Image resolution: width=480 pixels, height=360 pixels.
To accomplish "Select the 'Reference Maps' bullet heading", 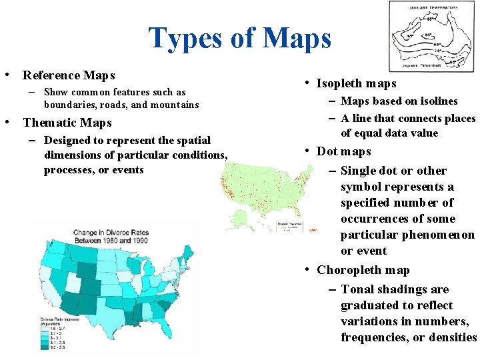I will point(69,75).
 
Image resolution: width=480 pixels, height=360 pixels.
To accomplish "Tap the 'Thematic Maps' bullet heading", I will point(67,123).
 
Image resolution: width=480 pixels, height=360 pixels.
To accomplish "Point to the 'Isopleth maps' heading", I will point(356,83).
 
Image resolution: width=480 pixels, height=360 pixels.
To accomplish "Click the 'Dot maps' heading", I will point(343,151).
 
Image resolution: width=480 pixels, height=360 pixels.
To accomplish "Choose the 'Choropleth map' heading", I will point(363,270).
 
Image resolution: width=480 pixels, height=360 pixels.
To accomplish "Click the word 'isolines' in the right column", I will point(436,101).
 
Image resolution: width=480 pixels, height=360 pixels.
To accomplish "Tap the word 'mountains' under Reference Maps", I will point(175,105).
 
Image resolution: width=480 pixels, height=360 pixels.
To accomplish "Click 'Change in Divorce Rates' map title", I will point(111,237).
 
